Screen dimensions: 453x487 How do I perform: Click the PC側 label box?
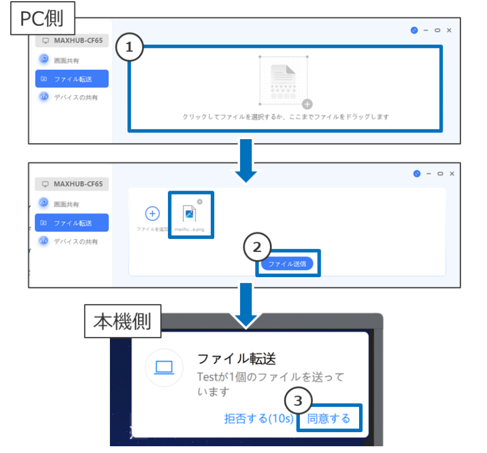coord(42,19)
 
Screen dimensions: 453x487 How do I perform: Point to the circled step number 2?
coord(258,247)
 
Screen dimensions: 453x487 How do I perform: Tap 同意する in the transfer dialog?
coord(329,419)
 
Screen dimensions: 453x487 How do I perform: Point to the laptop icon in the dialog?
coord(164,367)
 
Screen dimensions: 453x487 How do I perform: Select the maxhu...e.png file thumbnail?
coord(191,214)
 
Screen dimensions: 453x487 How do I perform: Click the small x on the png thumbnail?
coord(200,201)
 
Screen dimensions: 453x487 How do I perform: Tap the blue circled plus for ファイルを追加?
coord(152,214)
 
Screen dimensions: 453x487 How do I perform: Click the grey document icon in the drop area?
coord(284,81)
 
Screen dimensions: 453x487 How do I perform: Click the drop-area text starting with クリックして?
coord(286,117)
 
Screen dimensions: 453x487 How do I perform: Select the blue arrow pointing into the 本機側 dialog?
coord(245,307)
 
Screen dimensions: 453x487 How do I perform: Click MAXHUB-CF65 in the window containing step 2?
coord(72,184)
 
